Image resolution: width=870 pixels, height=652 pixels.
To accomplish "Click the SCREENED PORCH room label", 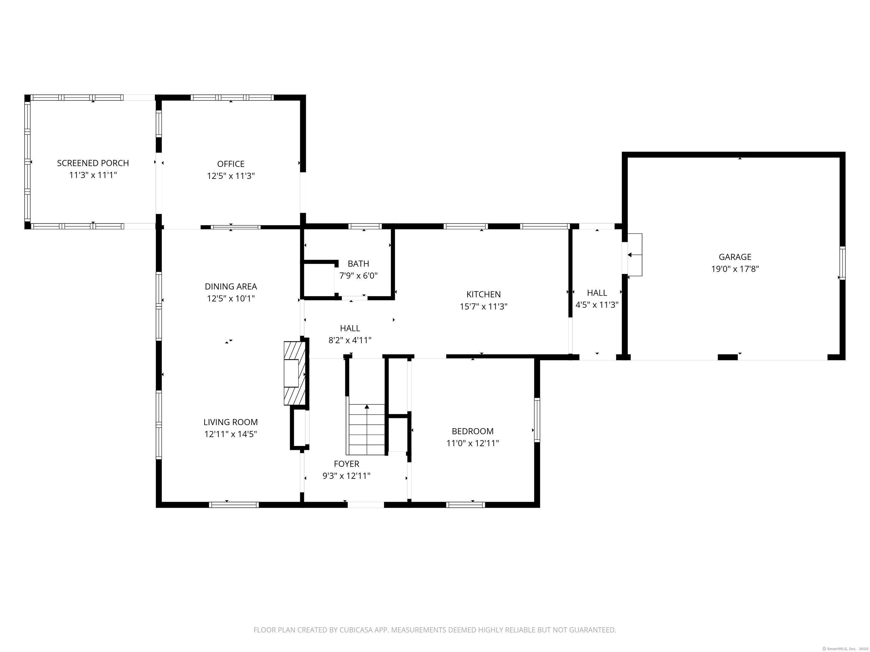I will coord(93,163).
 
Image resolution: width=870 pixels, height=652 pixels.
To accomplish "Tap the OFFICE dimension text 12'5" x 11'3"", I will coord(231,176).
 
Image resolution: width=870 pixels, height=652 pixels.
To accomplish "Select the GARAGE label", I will coord(735,257).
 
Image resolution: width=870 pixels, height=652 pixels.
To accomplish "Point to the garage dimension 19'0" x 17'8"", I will coord(735,269).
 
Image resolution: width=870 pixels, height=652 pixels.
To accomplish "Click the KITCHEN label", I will coord(483,294).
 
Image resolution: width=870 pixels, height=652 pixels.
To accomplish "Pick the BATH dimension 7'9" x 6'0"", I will coord(358,276).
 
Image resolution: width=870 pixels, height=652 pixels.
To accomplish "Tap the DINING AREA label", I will coord(231,286).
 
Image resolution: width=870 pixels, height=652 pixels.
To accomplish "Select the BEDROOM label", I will coord(472,431).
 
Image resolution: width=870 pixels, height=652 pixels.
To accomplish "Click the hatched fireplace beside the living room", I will coord(295,373).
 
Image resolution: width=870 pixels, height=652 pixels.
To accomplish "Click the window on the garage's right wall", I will coord(842,263).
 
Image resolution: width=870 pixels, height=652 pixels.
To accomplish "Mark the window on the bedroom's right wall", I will coord(537,420).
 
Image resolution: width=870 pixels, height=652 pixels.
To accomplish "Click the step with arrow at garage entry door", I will coord(634,255).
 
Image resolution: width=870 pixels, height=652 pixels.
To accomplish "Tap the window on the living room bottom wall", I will coord(234,505).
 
